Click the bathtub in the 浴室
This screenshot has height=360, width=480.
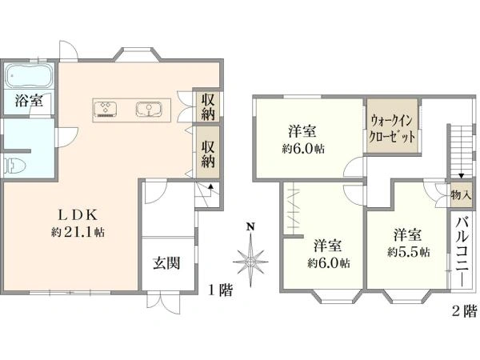[29, 77]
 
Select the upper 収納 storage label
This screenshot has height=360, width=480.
[208, 106]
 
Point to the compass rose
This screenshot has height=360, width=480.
[250, 260]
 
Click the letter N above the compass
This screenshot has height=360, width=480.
[250, 226]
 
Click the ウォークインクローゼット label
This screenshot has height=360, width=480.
[392, 128]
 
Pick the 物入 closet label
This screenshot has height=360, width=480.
[460, 194]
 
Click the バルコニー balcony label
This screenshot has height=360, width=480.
[462, 250]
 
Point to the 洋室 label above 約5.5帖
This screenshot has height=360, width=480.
[408, 235]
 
